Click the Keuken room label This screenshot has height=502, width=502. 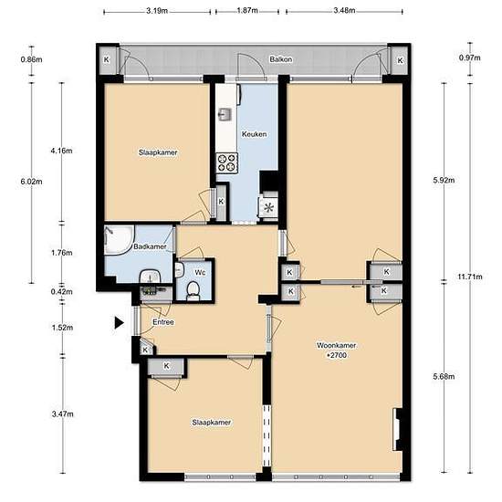click(x=255, y=134)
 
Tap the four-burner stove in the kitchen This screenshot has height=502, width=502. click(x=227, y=163)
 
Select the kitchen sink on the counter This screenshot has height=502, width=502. click(x=225, y=115)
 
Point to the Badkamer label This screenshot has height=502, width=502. click(x=150, y=246)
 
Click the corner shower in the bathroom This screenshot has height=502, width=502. click(x=119, y=240)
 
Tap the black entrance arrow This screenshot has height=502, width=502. click(x=119, y=322)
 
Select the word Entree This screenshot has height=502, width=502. click(x=163, y=322)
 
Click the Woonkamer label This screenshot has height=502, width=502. click(x=336, y=345)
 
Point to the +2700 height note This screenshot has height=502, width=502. click(x=337, y=355)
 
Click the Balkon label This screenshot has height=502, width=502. click(x=281, y=59)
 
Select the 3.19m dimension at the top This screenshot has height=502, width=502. click(x=157, y=11)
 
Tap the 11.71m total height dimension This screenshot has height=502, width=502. click(x=469, y=277)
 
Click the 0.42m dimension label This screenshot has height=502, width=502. click(x=62, y=292)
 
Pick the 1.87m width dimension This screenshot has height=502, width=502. click(x=247, y=11)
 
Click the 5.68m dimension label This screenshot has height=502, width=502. click(x=444, y=376)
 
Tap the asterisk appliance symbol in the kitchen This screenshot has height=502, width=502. click(x=268, y=208)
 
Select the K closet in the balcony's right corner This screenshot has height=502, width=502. click(x=400, y=60)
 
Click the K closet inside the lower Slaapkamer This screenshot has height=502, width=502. click(x=166, y=366)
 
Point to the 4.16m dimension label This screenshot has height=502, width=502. click(x=61, y=151)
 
